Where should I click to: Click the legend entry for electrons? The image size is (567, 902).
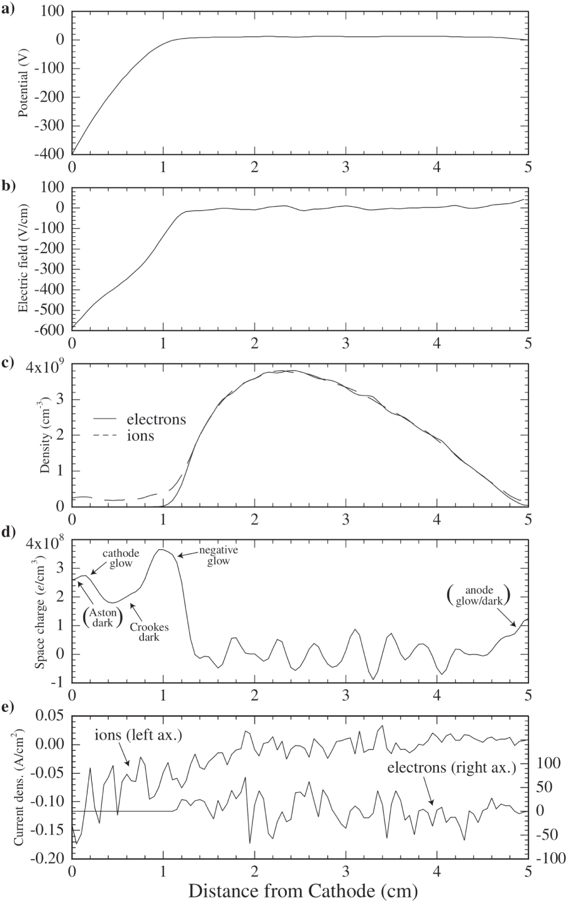point(156,419)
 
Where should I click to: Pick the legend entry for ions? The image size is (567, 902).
point(140,436)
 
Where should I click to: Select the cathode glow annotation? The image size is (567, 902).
point(117,557)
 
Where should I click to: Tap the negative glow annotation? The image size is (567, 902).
point(218,555)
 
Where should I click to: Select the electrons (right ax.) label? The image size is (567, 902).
point(451,768)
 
